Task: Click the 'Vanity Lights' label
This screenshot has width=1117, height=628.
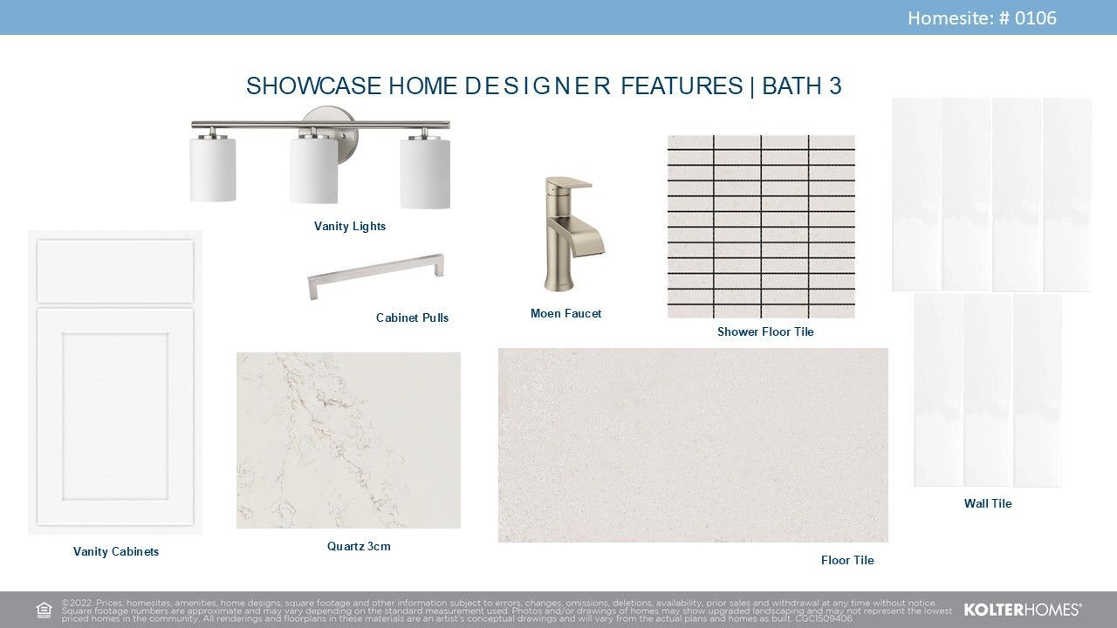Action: pyautogui.click(x=350, y=226)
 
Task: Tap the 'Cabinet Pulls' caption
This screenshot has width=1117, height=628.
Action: pyautogui.click(x=412, y=317)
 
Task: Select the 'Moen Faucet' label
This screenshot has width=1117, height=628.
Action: pyautogui.click(x=565, y=313)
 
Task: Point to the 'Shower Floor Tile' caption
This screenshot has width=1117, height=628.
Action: pyautogui.click(x=765, y=331)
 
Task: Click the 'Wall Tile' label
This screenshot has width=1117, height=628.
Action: pyautogui.click(x=987, y=503)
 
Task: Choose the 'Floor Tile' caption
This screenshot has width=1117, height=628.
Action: pyautogui.click(x=847, y=560)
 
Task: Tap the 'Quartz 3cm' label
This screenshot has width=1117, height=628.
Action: pyautogui.click(x=359, y=546)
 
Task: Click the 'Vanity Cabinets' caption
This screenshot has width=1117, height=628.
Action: pyautogui.click(x=116, y=552)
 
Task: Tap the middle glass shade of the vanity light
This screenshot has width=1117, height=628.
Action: pyautogui.click(x=313, y=170)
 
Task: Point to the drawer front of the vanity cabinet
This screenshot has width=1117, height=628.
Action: pyautogui.click(x=115, y=270)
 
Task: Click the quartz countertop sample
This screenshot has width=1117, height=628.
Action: pyautogui.click(x=348, y=440)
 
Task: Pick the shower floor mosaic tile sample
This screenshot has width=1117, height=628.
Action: pyautogui.click(x=761, y=226)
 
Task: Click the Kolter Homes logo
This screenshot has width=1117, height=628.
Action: pyautogui.click(x=1023, y=610)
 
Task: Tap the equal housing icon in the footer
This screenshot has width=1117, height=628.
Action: pyautogui.click(x=44, y=610)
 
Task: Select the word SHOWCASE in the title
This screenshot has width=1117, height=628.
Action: pyautogui.click(x=313, y=85)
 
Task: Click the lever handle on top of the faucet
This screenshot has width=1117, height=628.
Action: pyautogui.click(x=571, y=183)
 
